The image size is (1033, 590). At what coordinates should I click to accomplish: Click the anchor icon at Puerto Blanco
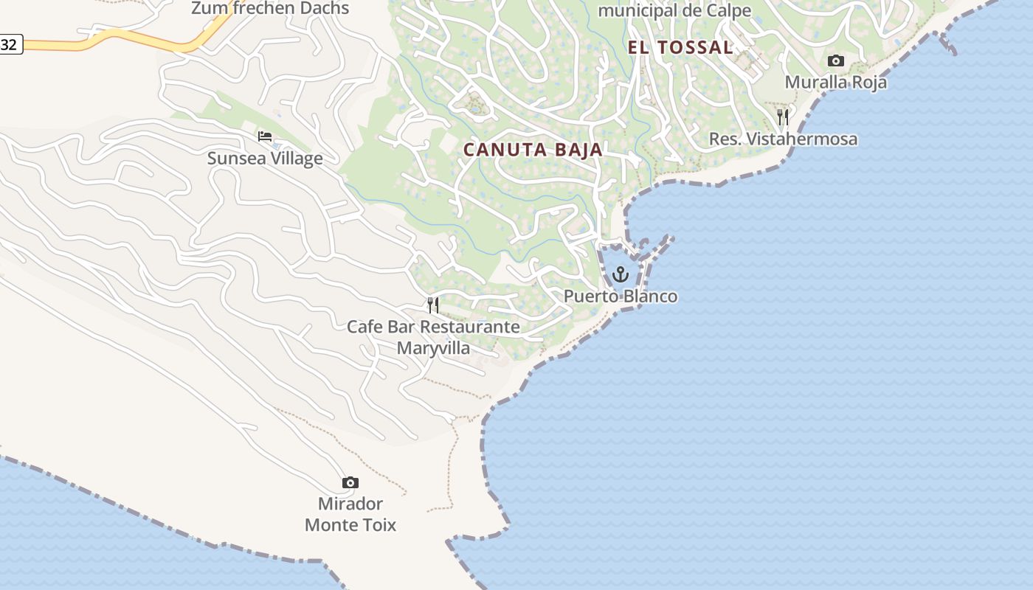click(x=621, y=275)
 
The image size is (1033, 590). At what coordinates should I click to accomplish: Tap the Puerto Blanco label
click(x=621, y=296)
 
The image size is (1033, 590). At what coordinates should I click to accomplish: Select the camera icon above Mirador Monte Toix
click(x=350, y=483)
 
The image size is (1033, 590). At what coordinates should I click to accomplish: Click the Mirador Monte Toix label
click(x=350, y=515)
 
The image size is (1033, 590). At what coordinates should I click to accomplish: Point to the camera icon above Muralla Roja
click(x=835, y=60)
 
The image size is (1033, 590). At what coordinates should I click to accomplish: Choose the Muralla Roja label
click(x=835, y=82)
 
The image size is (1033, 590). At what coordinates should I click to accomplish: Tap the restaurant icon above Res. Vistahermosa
click(x=783, y=117)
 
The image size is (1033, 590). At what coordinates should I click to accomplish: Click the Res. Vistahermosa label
click(x=783, y=139)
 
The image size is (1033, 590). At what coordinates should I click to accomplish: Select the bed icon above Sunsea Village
click(x=265, y=136)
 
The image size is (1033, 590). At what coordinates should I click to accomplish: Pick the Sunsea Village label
click(x=265, y=159)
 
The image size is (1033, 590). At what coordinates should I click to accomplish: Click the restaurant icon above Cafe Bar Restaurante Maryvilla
click(x=433, y=305)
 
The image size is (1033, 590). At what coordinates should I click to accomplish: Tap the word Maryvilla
click(x=433, y=347)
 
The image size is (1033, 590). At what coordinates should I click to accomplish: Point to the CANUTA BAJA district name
click(x=533, y=150)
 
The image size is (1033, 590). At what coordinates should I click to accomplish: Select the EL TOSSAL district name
click(x=680, y=48)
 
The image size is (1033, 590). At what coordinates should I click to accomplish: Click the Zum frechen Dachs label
click(x=270, y=9)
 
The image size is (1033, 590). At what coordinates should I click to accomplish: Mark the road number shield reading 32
click(x=10, y=45)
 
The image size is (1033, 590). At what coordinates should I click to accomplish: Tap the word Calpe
click(x=727, y=11)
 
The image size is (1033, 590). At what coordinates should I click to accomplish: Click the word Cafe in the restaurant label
click(x=364, y=327)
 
